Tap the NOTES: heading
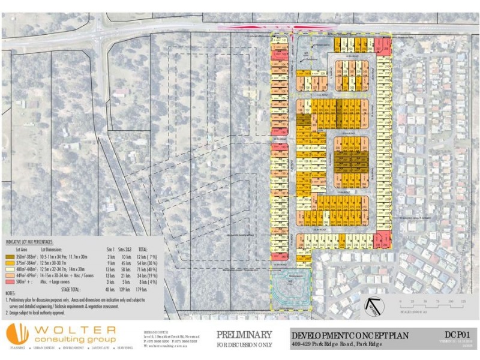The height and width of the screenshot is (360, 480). tap(10, 293)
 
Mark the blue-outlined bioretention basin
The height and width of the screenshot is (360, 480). tap(290, 290)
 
